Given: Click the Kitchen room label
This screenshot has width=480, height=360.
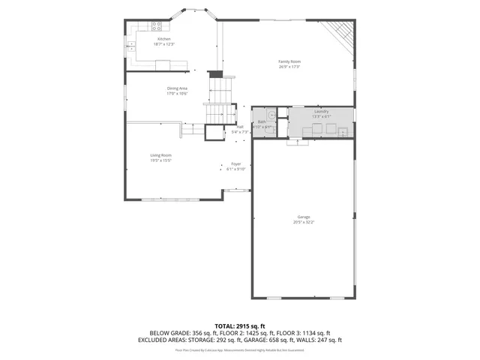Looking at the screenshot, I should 163,39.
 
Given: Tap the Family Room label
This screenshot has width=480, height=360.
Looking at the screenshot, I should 289,61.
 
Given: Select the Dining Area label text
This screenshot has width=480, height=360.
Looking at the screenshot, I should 177,88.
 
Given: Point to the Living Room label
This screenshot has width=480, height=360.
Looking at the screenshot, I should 161,155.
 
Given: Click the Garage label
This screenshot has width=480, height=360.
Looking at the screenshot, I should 304,217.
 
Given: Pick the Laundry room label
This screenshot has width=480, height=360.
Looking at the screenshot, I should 321,112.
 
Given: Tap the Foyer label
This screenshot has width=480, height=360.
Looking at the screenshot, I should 235,163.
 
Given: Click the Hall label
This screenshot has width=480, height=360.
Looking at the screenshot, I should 240,127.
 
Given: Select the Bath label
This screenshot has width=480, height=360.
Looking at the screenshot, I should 262,121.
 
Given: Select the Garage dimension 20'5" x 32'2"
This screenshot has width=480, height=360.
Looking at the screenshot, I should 304,222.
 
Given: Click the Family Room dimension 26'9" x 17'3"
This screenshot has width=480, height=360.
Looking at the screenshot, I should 289,66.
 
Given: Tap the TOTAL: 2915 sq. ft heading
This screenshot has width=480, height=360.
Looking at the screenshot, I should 240,325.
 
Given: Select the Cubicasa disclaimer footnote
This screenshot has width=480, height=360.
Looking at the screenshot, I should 240,350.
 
